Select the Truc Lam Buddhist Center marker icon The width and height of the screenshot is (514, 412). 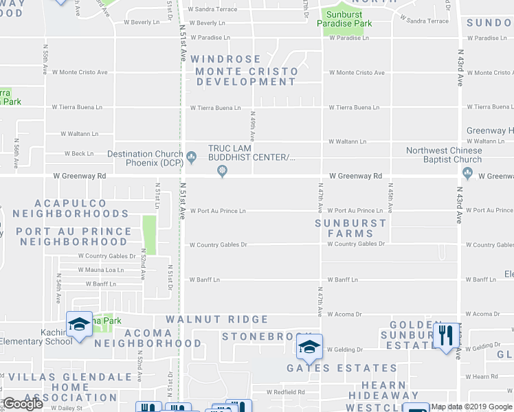coord(222,172)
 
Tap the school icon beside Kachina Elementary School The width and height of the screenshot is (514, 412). coord(79,323)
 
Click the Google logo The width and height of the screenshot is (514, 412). coord(22,404)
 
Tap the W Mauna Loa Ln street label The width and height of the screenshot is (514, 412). coord(100,270)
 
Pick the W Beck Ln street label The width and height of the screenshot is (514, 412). coord(78,154)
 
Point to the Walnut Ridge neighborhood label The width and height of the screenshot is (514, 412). coord(216,319)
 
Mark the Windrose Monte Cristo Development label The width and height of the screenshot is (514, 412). coord(245,71)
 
